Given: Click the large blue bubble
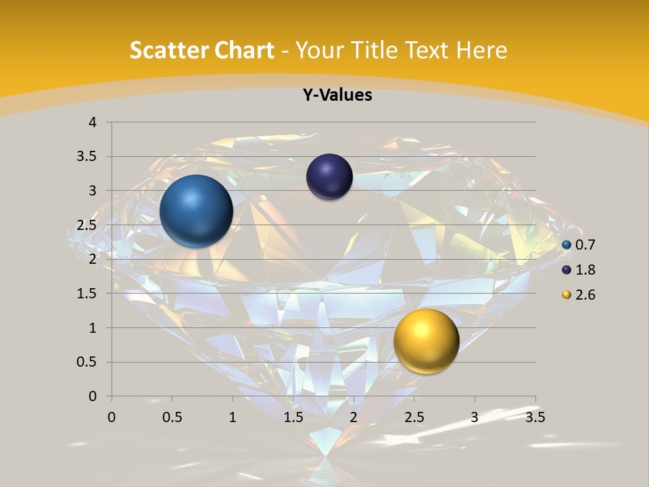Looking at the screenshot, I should tap(196, 211).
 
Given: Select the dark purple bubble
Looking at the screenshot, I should tap(329, 177).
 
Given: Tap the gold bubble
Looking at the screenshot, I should tap(426, 340).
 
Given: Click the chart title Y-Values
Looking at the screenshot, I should tap(337, 95).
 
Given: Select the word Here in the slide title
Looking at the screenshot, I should tap(481, 50).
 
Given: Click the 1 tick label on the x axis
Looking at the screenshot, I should tap(233, 417).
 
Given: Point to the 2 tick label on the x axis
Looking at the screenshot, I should tap(354, 417).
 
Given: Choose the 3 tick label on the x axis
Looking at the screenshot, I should tap(475, 417).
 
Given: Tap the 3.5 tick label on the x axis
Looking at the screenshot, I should tap(535, 417).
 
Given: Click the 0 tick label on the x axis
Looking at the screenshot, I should tap(112, 417).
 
